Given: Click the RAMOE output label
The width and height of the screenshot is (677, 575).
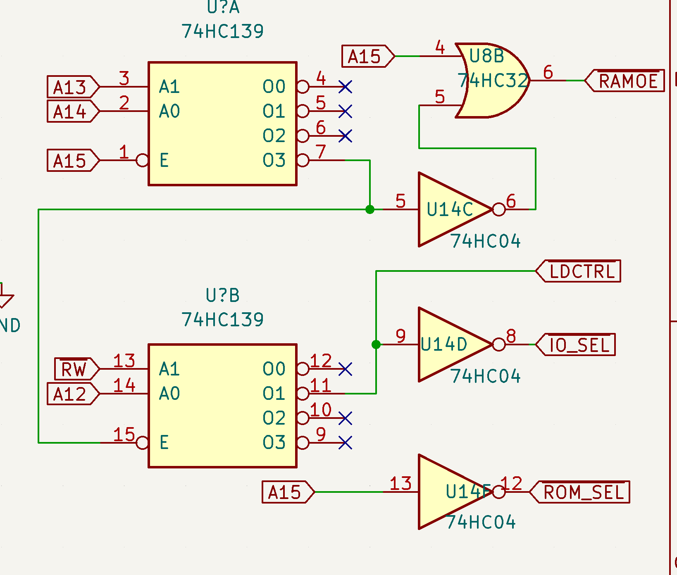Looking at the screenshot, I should click(x=626, y=81).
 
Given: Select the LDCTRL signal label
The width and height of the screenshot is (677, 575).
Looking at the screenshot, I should click(x=580, y=271).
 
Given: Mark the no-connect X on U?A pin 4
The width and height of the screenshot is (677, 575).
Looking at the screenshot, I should click(x=345, y=87).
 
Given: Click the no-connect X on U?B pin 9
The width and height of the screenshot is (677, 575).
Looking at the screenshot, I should click(x=345, y=443).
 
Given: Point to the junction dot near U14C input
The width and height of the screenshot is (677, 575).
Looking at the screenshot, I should click(x=370, y=209).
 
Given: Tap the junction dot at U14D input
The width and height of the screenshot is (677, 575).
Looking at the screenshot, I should click(x=376, y=345).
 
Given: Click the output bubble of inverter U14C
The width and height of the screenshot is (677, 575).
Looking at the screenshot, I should click(x=499, y=209).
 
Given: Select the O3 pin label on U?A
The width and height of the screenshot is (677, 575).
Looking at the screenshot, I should click(x=274, y=160).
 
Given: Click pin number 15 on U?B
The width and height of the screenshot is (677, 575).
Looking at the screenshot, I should click(x=124, y=435).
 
